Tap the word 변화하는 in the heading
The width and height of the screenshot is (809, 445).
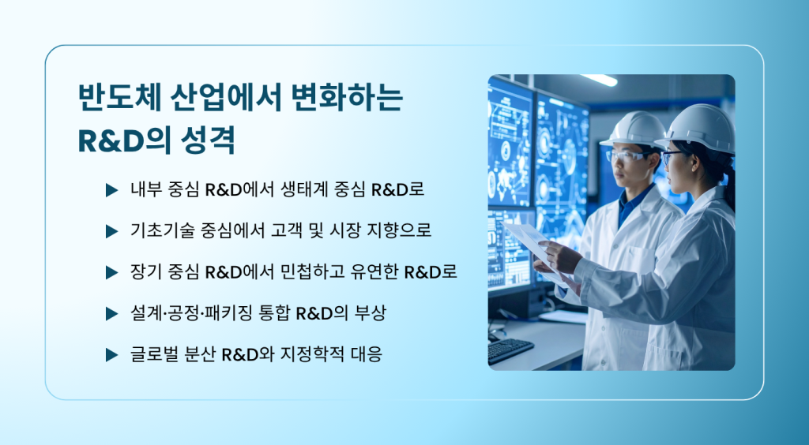pos(347,97)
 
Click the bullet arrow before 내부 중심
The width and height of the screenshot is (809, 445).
pos(112,190)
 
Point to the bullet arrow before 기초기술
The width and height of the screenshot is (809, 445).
pos(112,231)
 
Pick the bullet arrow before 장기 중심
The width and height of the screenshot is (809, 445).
pos(112,272)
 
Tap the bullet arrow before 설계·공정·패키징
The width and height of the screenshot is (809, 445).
pos(112,314)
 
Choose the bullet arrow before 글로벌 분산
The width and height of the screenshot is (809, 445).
pos(112,355)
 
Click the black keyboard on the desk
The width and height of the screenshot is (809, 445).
pos(510,351)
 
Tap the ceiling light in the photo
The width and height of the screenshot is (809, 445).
pos(599,80)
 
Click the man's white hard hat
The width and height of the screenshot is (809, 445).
pos(636,129)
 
